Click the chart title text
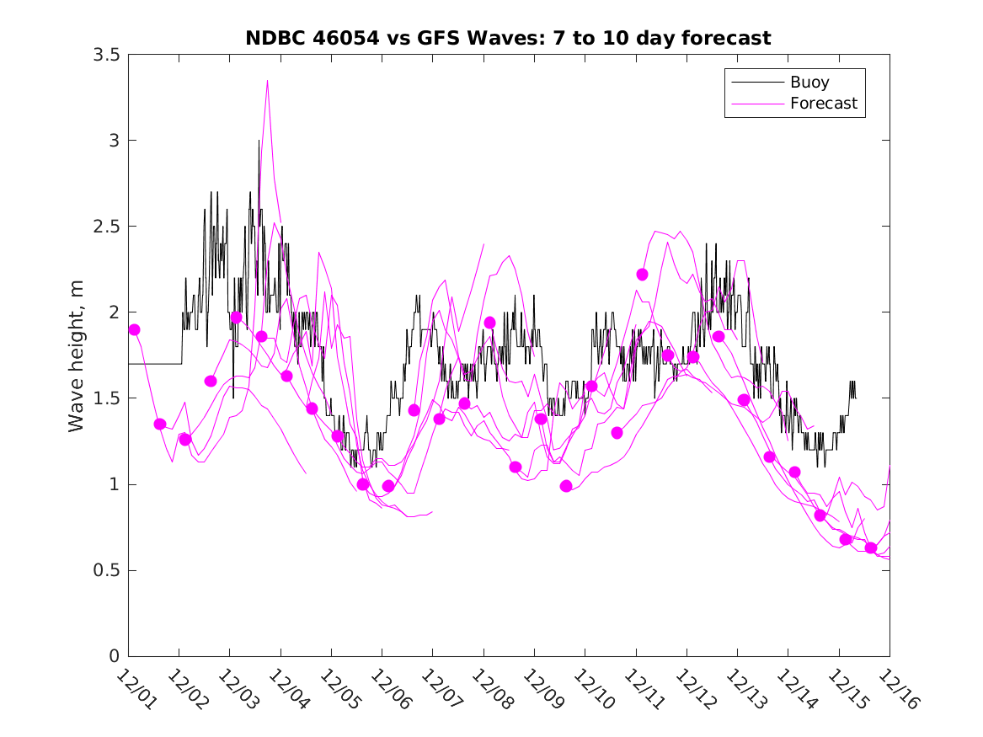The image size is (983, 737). point(508,38)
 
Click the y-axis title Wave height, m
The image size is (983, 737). point(77,355)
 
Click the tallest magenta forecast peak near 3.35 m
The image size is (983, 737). point(267,82)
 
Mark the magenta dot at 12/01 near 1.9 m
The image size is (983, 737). point(134,329)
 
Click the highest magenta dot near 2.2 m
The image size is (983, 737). point(642,275)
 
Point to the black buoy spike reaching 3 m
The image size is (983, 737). point(259,142)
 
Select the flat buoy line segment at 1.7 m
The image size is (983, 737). point(156,364)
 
